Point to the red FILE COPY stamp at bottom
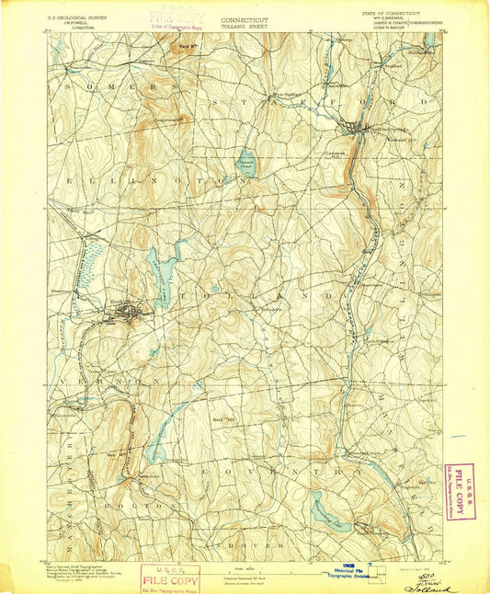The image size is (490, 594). (x=170, y=578)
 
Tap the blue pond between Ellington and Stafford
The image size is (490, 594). (x=246, y=163)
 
